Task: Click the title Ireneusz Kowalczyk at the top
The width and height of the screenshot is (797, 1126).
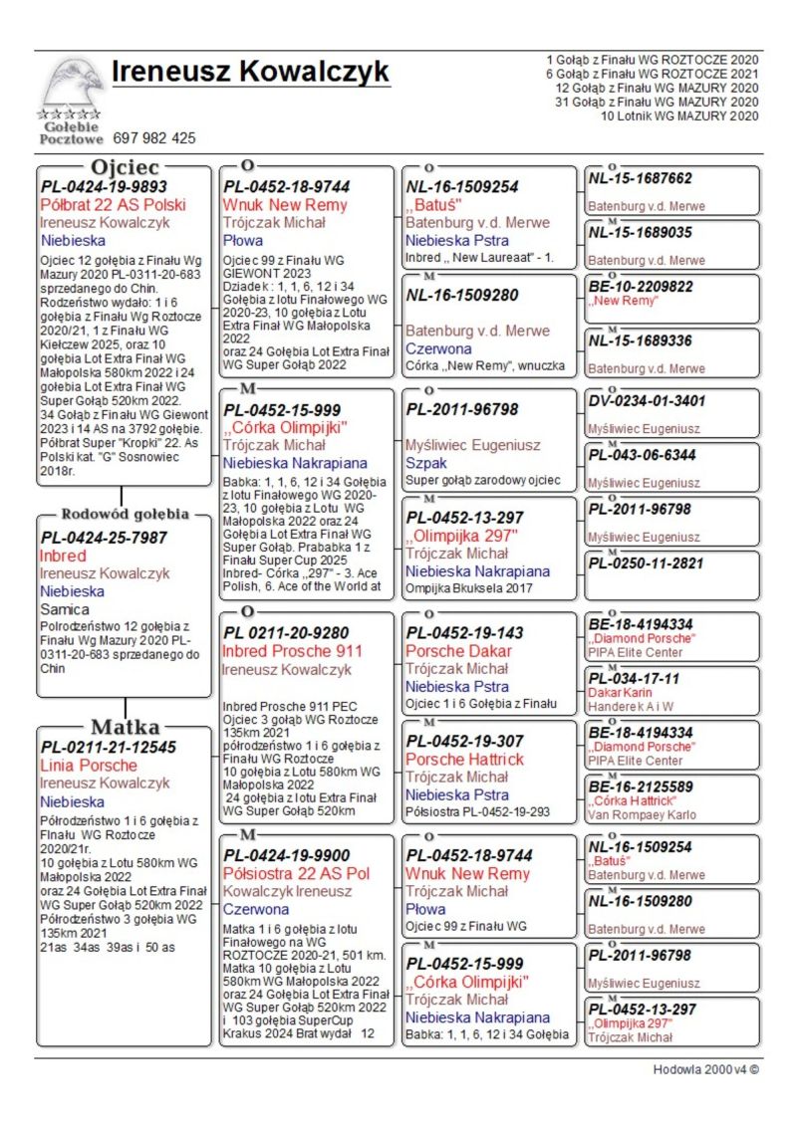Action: [x=250, y=73]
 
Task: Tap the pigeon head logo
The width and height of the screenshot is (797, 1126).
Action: [x=71, y=84]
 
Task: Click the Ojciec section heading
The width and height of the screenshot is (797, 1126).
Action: [x=125, y=166]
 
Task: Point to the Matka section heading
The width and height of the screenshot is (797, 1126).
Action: [x=125, y=726]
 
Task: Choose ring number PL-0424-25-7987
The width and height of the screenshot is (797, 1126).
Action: [x=104, y=538]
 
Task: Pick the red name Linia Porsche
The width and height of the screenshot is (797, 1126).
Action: [x=89, y=765]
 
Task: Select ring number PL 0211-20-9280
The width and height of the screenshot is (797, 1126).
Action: [x=286, y=632]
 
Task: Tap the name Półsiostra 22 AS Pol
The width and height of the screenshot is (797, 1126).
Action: [x=296, y=873]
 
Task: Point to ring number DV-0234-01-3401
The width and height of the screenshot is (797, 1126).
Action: [x=647, y=401]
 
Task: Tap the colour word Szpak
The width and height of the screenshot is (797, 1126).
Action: [x=426, y=463]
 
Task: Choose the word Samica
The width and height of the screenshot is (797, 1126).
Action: [x=65, y=608]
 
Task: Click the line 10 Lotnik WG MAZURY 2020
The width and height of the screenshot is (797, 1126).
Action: [x=679, y=116]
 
